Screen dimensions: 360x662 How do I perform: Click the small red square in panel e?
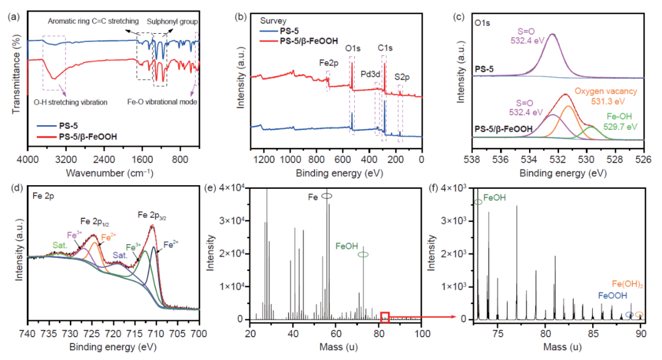click(x=384, y=317)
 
